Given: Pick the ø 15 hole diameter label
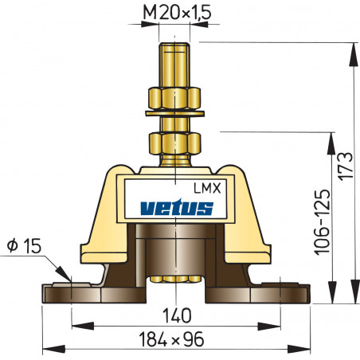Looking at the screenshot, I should [22, 245].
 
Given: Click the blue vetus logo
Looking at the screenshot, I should [176, 209].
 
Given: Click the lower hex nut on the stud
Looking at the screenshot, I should [174, 145].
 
